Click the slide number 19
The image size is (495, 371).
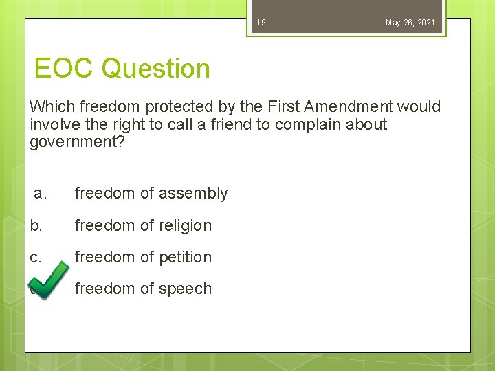click(x=261, y=23)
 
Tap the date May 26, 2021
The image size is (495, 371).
click(x=410, y=23)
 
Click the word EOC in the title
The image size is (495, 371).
click(x=65, y=69)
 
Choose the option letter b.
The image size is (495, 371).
click(x=36, y=225)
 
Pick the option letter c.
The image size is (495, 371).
click(x=36, y=257)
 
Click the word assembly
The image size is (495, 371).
click(x=193, y=194)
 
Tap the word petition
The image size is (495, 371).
click(x=185, y=257)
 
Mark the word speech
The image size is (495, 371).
click(x=185, y=289)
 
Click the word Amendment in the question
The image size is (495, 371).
click(x=344, y=106)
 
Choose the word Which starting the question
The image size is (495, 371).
click(x=53, y=106)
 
